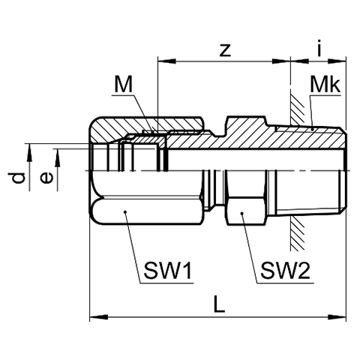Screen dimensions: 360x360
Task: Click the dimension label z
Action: click(x=225, y=50)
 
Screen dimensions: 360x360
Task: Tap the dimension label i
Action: click(x=319, y=47)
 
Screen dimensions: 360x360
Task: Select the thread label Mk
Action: click(x=325, y=85)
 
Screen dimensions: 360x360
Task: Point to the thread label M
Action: click(x=123, y=85)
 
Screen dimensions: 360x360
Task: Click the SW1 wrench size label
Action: click(x=167, y=271)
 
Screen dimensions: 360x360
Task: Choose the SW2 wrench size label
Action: click(x=285, y=271)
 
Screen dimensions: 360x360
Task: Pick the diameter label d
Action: click(x=19, y=178)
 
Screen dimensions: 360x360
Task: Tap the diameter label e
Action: click(x=46, y=178)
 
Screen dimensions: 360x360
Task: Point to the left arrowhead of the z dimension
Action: click(x=166, y=61)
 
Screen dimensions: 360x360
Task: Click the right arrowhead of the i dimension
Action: click(x=337, y=61)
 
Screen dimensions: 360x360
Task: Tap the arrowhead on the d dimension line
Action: click(x=30, y=152)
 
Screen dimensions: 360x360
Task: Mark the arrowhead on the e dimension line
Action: click(x=58, y=157)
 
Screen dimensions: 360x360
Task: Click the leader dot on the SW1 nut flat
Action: click(x=125, y=212)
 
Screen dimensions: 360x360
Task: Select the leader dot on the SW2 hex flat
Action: click(x=241, y=213)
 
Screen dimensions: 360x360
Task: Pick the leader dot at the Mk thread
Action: click(x=313, y=129)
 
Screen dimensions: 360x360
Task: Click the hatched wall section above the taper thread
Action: click(x=298, y=109)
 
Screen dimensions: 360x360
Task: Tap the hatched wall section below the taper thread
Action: click(x=298, y=233)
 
